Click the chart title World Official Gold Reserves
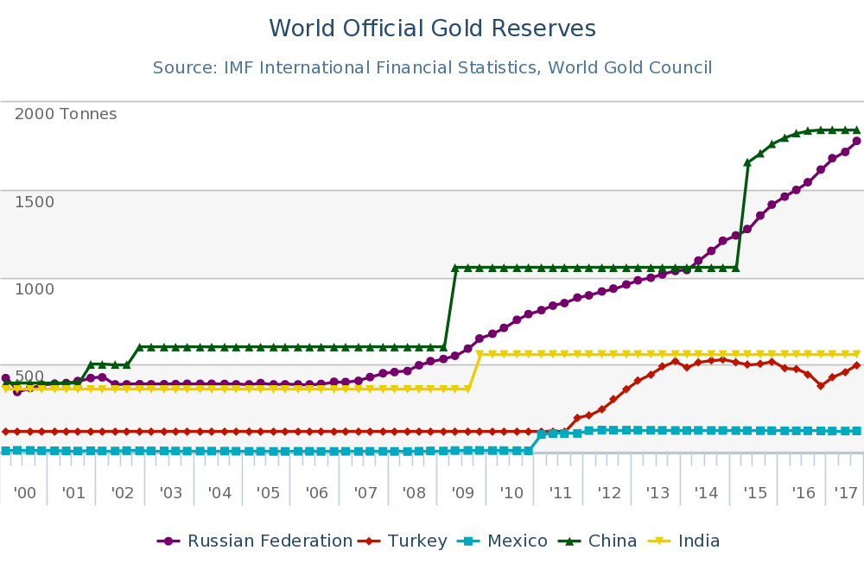432,28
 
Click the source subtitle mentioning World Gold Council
432,67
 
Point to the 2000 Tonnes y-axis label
66,114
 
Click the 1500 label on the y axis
35,202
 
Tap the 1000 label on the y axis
35,288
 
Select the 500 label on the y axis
29,377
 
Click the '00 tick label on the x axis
25,494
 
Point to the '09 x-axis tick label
462,494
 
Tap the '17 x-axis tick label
845,494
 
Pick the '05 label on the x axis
268,494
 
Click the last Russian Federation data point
856,141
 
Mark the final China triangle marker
856,130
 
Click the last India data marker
856,354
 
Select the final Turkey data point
856,365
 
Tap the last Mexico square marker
856,430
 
